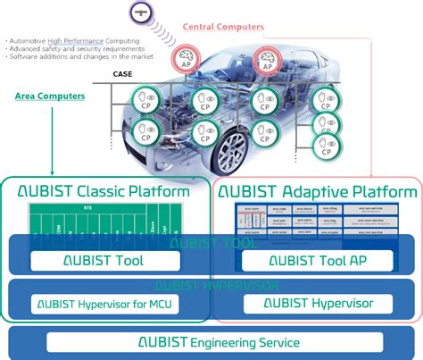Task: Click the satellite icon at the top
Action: tap(141, 13)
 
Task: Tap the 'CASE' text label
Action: tap(122, 75)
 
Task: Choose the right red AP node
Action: tap(266, 62)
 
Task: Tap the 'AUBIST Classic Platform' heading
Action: tap(104, 191)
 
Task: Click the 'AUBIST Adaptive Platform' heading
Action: tap(319, 191)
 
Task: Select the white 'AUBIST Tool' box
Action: tap(104, 261)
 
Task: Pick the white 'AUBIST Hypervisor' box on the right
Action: tap(319, 304)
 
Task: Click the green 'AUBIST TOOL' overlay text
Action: tap(211, 241)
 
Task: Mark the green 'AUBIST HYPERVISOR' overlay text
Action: tap(211, 286)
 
